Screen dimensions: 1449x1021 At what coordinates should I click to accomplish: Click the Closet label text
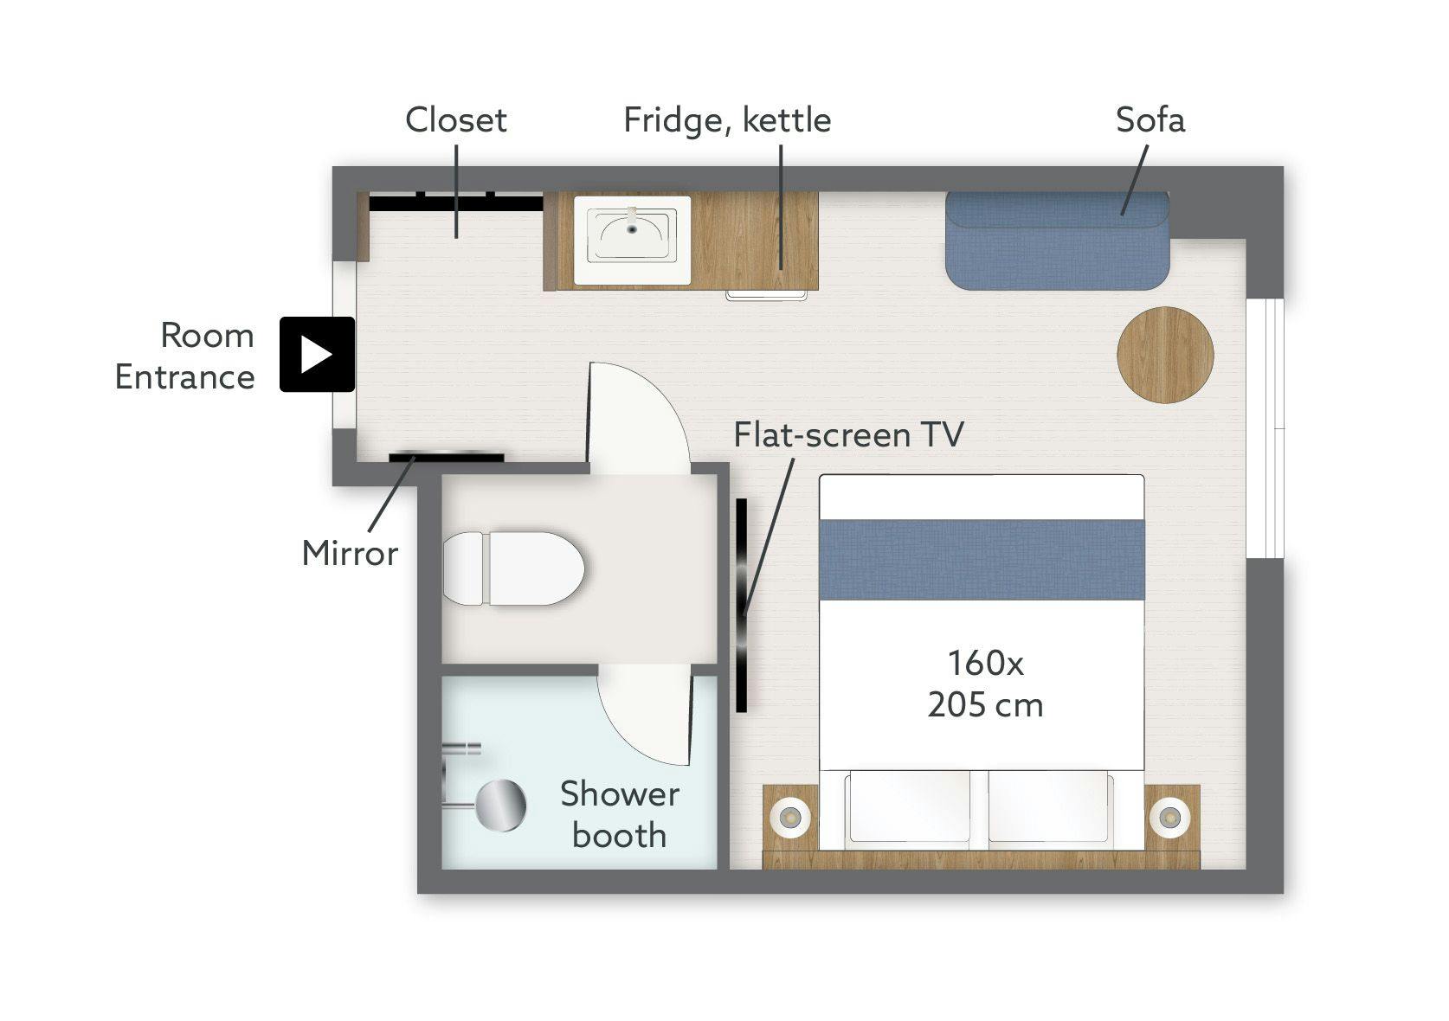(456, 120)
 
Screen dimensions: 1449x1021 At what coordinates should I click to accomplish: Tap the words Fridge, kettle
(727, 120)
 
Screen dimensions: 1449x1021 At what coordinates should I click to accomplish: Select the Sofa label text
(1150, 119)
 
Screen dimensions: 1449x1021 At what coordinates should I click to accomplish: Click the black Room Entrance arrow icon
(317, 355)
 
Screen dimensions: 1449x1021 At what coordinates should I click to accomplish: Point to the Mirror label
(350, 554)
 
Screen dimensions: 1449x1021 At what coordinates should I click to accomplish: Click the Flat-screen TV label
(848, 434)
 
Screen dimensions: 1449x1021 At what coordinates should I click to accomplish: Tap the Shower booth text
(620, 815)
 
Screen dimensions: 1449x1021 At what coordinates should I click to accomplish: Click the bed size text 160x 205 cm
(985, 684)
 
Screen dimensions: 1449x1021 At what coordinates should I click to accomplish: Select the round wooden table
(1165, 355)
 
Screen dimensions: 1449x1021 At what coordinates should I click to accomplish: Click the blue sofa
(1058, 241)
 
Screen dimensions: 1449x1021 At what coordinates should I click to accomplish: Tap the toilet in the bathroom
(513, 568)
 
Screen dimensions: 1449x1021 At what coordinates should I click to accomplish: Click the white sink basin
(632, 240)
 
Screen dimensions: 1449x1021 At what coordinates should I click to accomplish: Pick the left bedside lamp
(789, 818)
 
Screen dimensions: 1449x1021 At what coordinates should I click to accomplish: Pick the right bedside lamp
(1169, 818)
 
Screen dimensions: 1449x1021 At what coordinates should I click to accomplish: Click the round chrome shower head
(500, 805)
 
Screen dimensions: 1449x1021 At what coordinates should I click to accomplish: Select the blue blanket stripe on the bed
(982, 559)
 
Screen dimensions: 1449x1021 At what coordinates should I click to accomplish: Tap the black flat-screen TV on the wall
(741, 605)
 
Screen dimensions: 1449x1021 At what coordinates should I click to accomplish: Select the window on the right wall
(1265, 428)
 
